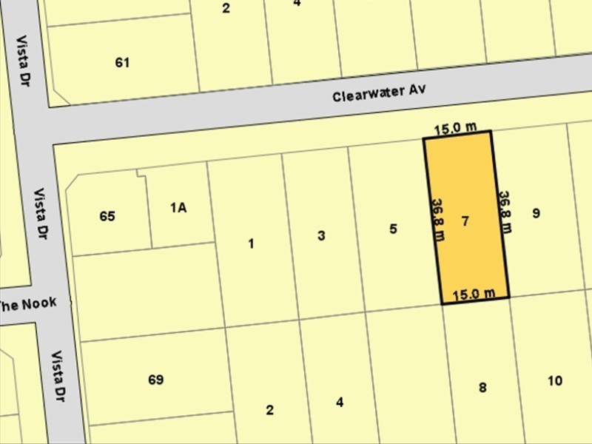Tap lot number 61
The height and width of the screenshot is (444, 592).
click(123, 63)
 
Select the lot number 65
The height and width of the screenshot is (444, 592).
click(107, 217)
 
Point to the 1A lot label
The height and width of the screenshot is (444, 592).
click(178, 208)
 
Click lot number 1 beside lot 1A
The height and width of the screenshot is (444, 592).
click(252, 243)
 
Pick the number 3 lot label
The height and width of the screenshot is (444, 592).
click(321, 236)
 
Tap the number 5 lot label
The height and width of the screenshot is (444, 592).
click(393, 229)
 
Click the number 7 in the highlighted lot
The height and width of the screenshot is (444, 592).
click(465, 221)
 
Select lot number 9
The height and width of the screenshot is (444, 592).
click(536, 214)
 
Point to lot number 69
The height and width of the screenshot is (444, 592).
click(155, 380)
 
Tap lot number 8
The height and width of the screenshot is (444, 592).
click(482, 387)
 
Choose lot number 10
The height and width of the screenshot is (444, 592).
click(555, 381)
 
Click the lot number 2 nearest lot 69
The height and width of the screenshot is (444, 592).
click(270, 410)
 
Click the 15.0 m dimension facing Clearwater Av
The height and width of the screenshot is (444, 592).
click(455, 128)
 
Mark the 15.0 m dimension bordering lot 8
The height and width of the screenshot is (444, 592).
click(474, 294)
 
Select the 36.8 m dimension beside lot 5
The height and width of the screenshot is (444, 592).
click(437, 220)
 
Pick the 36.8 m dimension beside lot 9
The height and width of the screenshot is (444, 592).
click(505, 212)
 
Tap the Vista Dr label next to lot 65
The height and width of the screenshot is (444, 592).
click(44, 214)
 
